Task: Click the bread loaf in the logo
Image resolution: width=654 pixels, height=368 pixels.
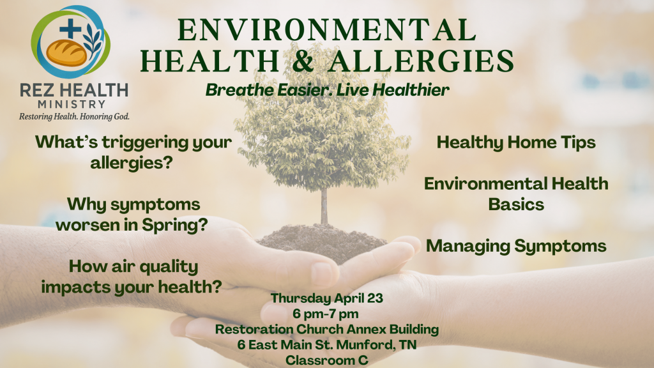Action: [66, 52]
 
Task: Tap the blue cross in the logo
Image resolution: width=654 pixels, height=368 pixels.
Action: [70, 28]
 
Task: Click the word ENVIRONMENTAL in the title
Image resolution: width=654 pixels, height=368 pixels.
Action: [327, 29]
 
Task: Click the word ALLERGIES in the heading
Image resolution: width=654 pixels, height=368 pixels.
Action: [421, 61]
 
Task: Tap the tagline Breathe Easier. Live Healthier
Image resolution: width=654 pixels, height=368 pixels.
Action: [328, 89]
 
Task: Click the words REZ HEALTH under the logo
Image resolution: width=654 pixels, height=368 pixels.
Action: [74, 90]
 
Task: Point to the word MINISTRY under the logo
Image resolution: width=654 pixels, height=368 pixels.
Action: [72, 104]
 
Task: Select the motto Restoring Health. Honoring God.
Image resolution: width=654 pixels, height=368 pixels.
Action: [74, 116]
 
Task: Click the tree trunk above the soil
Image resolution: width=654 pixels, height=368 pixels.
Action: [324, 206]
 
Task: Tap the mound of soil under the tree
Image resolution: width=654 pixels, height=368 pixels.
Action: [321, 242]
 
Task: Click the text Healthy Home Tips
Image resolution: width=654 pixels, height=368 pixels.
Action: [516, 142]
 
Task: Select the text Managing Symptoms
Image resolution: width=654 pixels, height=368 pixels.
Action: [516, 246]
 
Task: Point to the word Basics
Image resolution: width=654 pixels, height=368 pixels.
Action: [516, 204]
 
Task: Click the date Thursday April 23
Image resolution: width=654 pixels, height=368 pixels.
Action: [327, 298]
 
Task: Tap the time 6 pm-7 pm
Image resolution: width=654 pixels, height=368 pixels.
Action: [325, 313]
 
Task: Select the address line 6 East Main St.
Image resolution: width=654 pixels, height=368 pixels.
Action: [327, 344]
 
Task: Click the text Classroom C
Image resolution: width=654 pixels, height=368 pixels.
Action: [327, 360]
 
